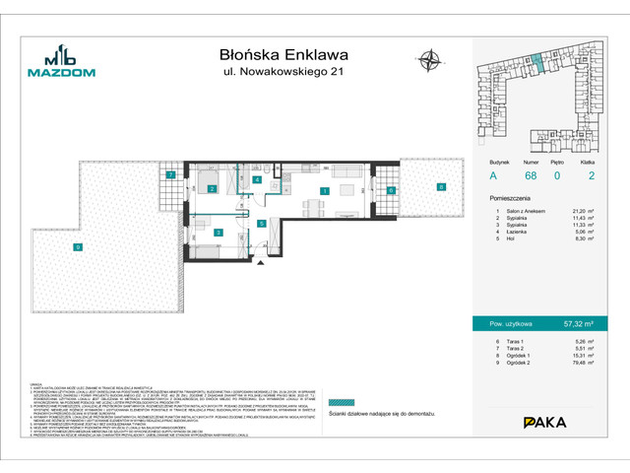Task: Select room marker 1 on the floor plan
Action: point(323,190)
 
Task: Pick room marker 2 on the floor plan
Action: point(212,189)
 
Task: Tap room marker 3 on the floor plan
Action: point(218,233)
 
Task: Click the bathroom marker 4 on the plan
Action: point(256,180)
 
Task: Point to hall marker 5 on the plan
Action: point(261,224)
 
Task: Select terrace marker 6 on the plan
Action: point(391,190)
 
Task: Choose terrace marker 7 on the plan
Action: point(171,175)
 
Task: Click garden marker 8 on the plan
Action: point(441,186)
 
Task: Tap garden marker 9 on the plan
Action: point(78,247)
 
